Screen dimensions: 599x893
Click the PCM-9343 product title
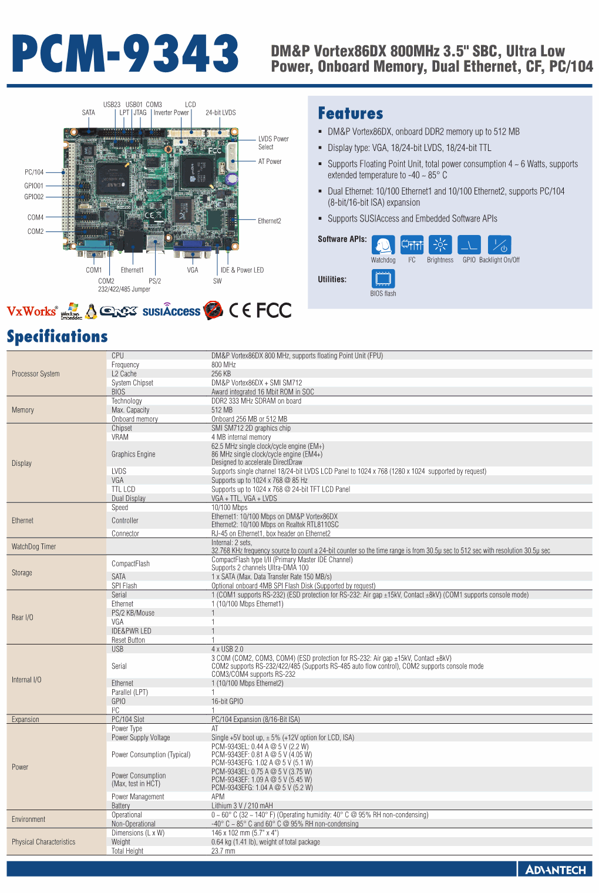point(125,54)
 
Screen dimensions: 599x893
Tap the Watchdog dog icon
point(383,244)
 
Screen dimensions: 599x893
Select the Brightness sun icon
point(440,244)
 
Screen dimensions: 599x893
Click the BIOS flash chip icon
point(383,278)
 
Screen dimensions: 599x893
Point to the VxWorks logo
point(32,311)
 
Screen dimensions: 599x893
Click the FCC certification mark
point(274,310)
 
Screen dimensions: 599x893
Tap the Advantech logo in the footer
point(555,869)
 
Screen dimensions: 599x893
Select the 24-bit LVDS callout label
point(220,113)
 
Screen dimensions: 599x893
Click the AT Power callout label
point(270,162)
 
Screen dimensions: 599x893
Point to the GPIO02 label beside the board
point(34,197)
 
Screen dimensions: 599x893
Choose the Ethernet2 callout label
point(270,221)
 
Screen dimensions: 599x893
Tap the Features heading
point(351,113)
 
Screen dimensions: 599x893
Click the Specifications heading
point(58,337)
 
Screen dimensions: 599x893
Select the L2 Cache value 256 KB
point(221,374)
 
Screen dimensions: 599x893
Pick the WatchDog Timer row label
point(34,546)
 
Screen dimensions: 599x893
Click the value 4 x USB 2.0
point(227,649)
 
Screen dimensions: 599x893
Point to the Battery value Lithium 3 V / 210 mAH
point(242,805)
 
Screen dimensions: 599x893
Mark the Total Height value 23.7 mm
point(223,851)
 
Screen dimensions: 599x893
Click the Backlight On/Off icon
point(499,244)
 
